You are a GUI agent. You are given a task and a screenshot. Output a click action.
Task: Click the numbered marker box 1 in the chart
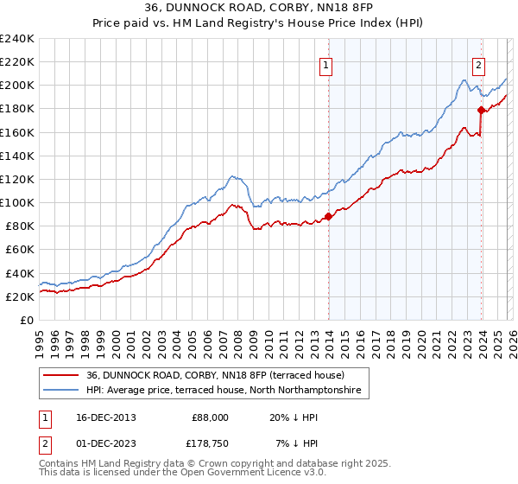(x=327, y=64)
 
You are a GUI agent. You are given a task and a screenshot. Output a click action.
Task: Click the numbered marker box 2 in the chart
(x=478, y=64)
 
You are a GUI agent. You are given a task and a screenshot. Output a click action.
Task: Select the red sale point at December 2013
(x=328, y=216)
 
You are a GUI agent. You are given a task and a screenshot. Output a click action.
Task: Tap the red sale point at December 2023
(x=480, y=110)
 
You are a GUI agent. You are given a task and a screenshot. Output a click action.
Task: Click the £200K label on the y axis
(x=17, y=86)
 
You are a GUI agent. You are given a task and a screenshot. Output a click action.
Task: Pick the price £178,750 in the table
(x=210, y=444)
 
